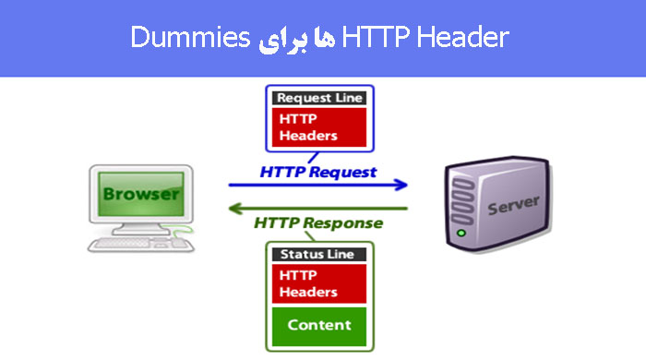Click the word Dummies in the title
pos(190,38)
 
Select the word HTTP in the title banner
pos(370,38)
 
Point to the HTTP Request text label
pos(318,172)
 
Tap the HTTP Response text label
pos(318,223)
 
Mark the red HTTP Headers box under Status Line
pos(317,283)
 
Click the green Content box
pos(318,325)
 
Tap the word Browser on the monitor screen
pos(140,195)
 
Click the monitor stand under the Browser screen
pos(140,227)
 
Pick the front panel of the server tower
pos(461,208)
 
